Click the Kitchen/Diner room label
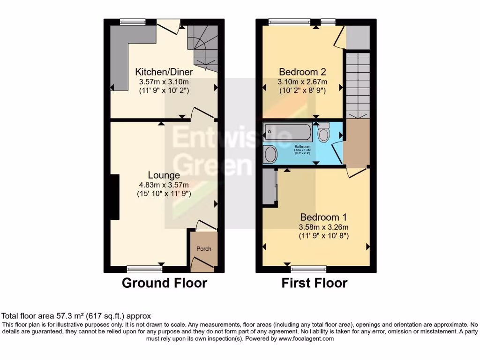(x=164, y=72)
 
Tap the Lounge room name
(x=164, y=175)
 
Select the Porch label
(x=203, y=249)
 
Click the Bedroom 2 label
(x=302, y=72)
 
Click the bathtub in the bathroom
(x=287, y=132)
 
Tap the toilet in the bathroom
(x=323, y=133)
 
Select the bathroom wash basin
(x=270, y=154)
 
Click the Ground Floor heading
(x=164, y=283)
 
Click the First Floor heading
(x=315, y=283)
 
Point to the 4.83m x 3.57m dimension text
(x=164, y=184)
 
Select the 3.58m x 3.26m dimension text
(x=323, y=227)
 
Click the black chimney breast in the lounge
(x=114, y=197)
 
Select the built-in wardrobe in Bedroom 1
(x=269, y=187)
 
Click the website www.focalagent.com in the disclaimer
(x=306, y=338)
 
